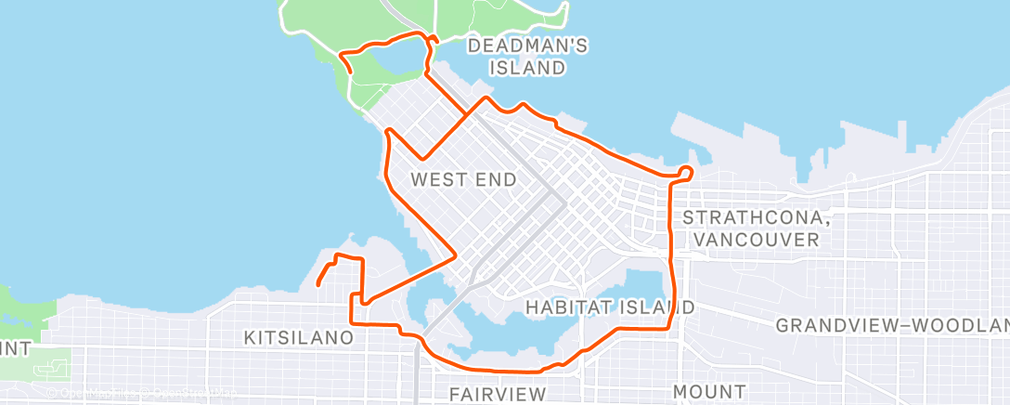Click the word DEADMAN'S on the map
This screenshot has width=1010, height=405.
coord(527,45)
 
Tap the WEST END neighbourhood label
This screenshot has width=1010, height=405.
coord(463,179)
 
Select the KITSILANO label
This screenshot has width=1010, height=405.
coord(298,337)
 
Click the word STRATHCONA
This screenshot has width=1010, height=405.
coord(749,217)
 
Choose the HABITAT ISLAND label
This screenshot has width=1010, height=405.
coord(609,307)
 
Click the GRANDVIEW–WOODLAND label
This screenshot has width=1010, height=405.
coord(891,325)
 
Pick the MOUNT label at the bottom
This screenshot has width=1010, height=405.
coord(710,391)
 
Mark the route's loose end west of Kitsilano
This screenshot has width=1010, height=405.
coord(317,284)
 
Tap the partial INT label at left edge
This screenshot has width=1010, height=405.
coord(15,349)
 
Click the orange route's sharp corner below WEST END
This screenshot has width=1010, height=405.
coord(453,253)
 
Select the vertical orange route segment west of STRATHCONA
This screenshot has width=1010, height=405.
coord(671,251)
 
